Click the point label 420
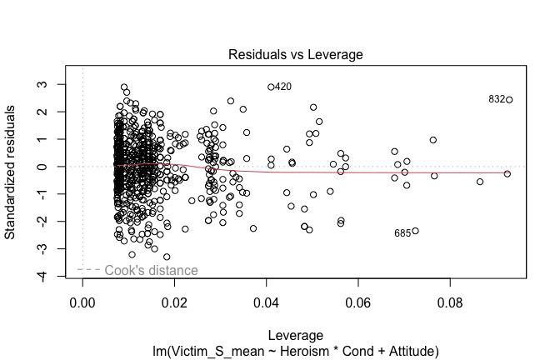tap(283, 87)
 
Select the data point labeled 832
tap(509, 99)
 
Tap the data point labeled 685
tap(415, 231)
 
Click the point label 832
tap(497, 99)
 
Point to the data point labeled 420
tap(271, 87)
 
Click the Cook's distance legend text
tap(151, 270)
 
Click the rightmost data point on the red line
tap(507, 173)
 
